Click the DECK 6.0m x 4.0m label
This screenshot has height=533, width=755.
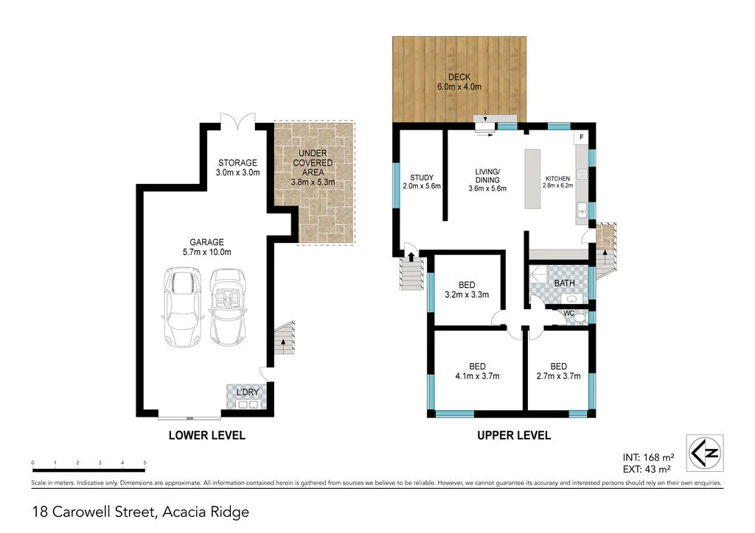click(x=459, y=82)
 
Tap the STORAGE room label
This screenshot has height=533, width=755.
click(x=237, y=167)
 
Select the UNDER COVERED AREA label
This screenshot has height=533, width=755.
click(x=313, y=167)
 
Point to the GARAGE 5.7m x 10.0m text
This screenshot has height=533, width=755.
click(x=206, y=247)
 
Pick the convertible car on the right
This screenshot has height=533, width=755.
click(x=228, y=307)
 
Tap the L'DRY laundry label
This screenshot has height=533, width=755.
click(x=247, y=392)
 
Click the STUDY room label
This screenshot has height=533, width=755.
click(x=422, y=182)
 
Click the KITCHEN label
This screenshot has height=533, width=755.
click(x=558, y=182)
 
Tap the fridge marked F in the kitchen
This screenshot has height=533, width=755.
click(x=580, y=138)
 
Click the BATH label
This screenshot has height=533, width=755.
click(x=564, y=283)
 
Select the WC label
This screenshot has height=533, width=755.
click(x=568, y=313)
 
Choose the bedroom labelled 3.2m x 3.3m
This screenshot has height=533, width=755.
click(x=467, y=289)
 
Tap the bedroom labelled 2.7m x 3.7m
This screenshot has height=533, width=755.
click(x=558, y=371)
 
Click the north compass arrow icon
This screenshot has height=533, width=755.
click(x=705, y=452)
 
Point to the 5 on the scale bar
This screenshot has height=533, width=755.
click(x=145, y=463)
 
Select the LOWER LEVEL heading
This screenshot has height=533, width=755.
click(x=206, y=435)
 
